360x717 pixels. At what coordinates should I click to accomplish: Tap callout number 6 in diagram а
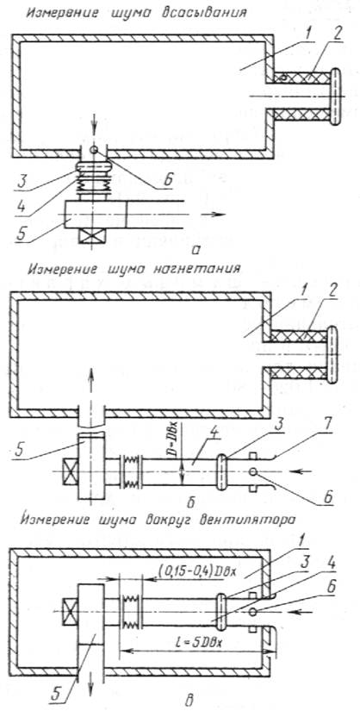tap(167, 181)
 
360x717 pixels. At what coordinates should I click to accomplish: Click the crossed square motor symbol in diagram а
tap(92, 237)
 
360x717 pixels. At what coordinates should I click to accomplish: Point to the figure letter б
tap(191, 502)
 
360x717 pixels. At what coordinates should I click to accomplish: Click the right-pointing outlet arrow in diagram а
tap(212, 214)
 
